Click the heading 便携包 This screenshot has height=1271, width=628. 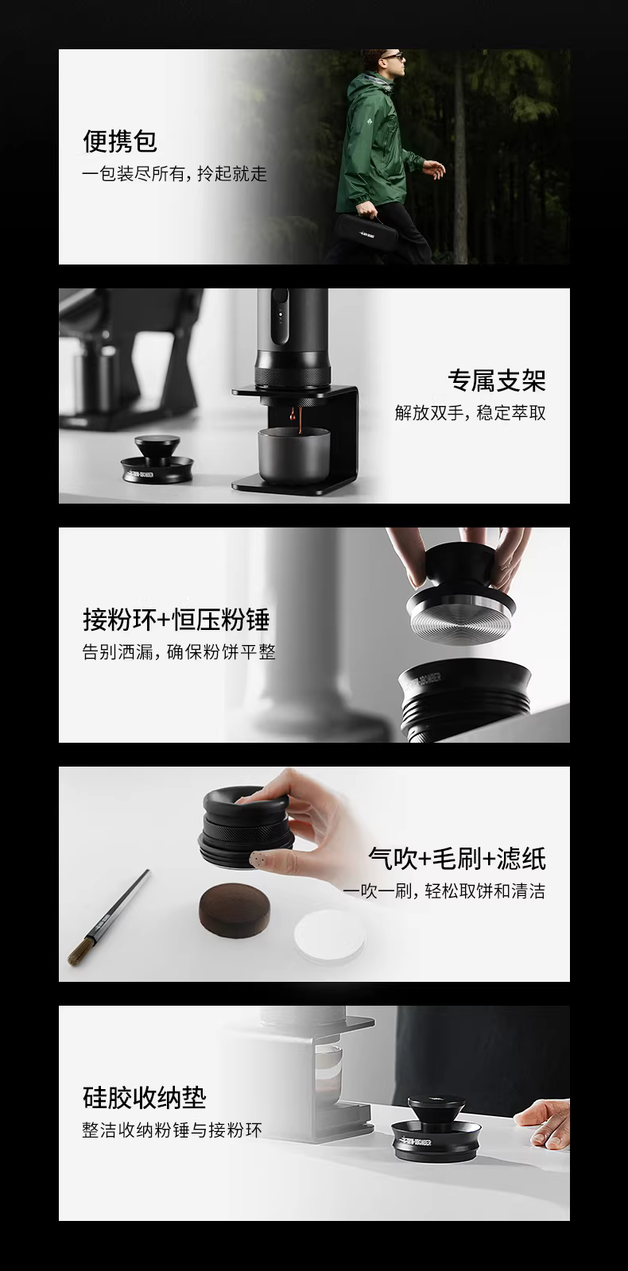pos(120,141)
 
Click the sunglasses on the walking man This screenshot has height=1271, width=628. pos(394,56)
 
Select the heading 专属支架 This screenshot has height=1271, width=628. pos(496,381)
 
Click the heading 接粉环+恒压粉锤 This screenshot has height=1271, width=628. pos(176,620)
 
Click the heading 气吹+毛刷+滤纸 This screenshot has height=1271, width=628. pos(457,859)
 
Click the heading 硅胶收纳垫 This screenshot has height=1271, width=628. pos(144,1098)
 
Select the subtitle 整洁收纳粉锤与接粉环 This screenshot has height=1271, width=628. pos(172,1130)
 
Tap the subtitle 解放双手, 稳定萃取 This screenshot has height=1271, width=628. pos(470,412)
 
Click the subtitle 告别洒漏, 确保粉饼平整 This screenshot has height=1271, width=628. pos(179,652)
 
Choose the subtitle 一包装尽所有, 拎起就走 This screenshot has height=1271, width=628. pos(174,173)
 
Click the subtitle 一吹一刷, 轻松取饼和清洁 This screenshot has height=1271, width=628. pos(444,890)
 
